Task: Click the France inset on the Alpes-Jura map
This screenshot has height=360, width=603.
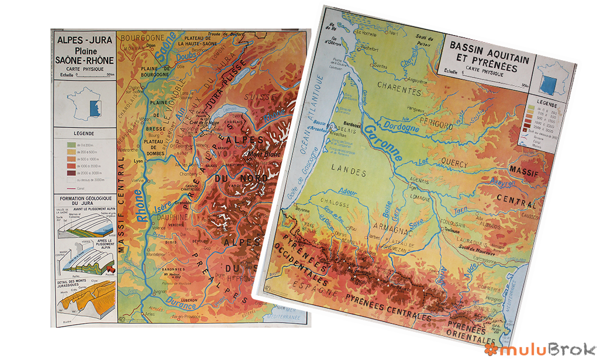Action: click(x=81, y=103)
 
